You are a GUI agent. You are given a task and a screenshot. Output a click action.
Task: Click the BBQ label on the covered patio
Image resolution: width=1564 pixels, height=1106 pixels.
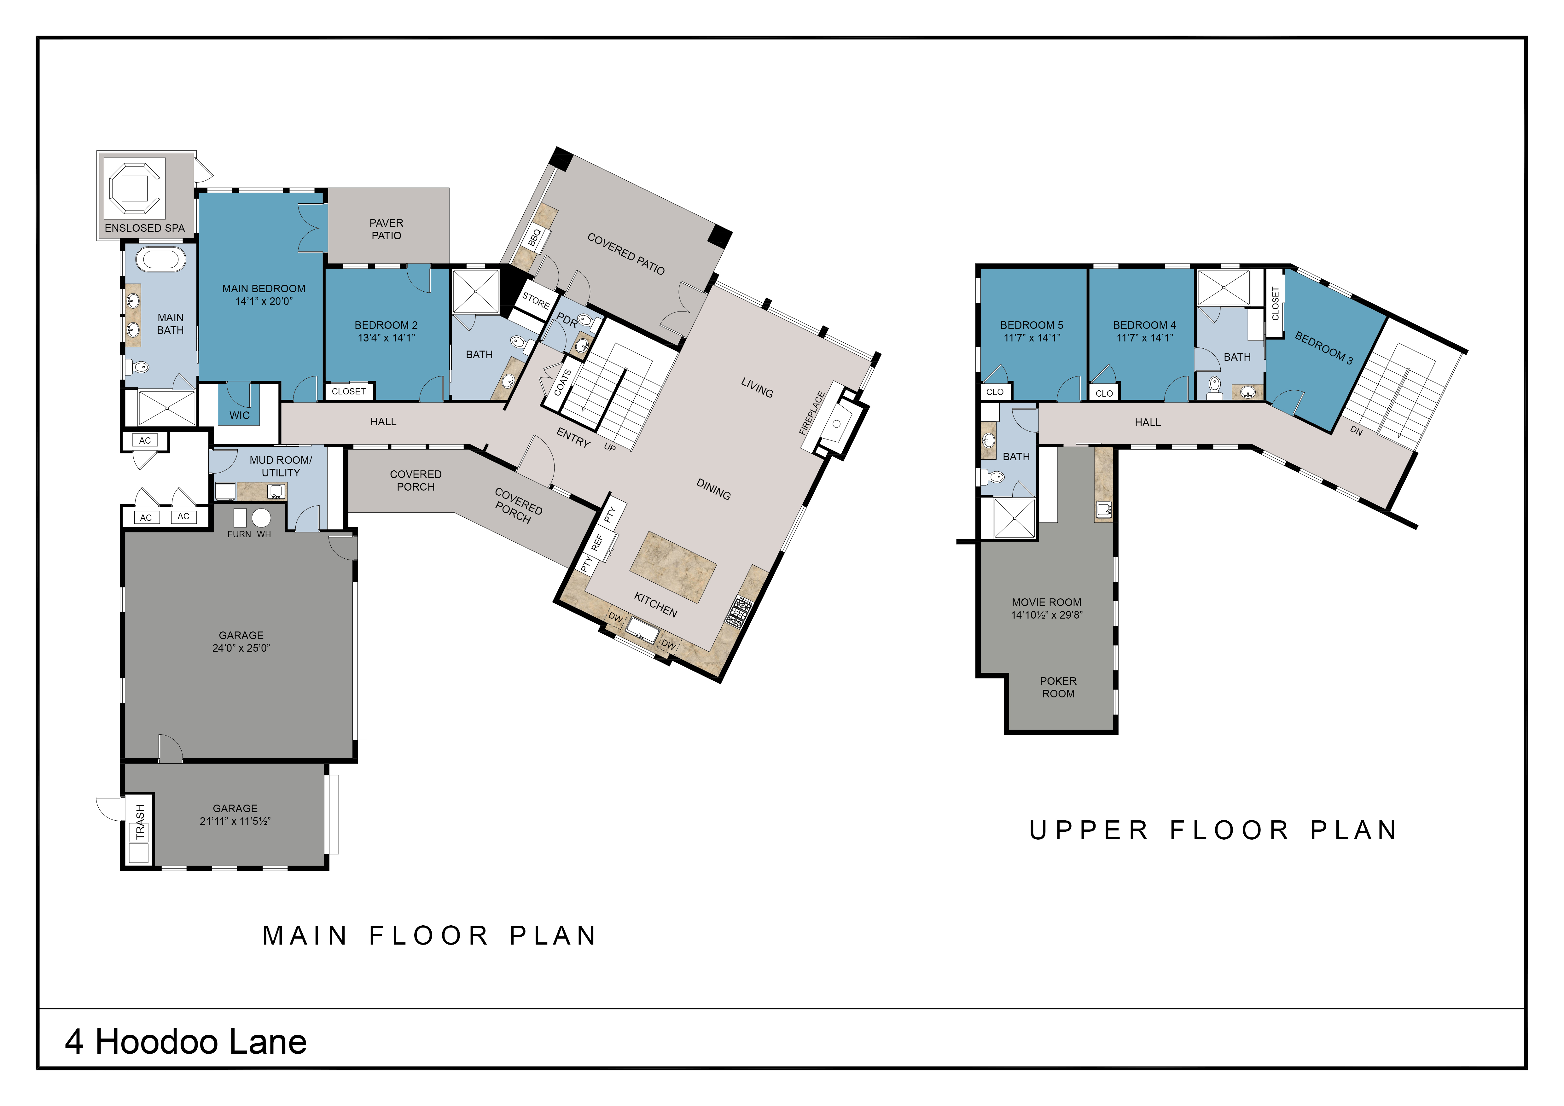[535, 238]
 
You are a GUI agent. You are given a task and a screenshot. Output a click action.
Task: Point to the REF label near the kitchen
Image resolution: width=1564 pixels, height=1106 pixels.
[597, 542]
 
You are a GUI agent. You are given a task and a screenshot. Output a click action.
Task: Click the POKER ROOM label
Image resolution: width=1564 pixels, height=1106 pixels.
[1058, 687]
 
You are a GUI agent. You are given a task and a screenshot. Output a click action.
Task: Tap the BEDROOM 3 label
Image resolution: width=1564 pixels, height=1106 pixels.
[1323, 348]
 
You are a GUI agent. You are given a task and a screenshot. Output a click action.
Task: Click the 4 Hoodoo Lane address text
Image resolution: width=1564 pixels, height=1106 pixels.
[186, 1041]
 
